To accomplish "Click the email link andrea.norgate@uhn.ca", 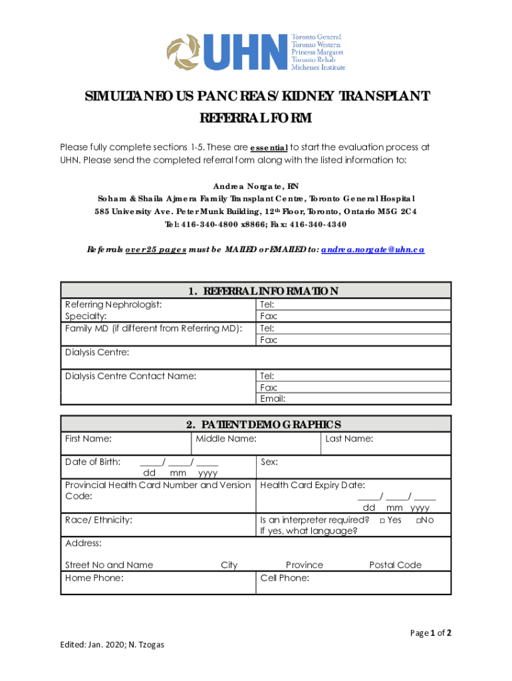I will coord(372,249).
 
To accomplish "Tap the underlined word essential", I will coord(269,148).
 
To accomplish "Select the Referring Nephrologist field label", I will coord(113,305).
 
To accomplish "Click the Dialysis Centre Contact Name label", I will coord(130,376).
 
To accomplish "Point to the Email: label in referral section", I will coord(273,399).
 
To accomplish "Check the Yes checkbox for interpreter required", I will coord(383,520).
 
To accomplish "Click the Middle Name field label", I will coord(226,439).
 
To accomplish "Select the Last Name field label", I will coord(349,439).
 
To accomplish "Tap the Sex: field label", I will coord(269,462).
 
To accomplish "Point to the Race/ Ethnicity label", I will coord(98,520).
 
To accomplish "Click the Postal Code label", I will coord(395,565).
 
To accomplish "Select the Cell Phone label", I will coord(285,579).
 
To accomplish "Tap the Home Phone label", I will coord(94,579).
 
